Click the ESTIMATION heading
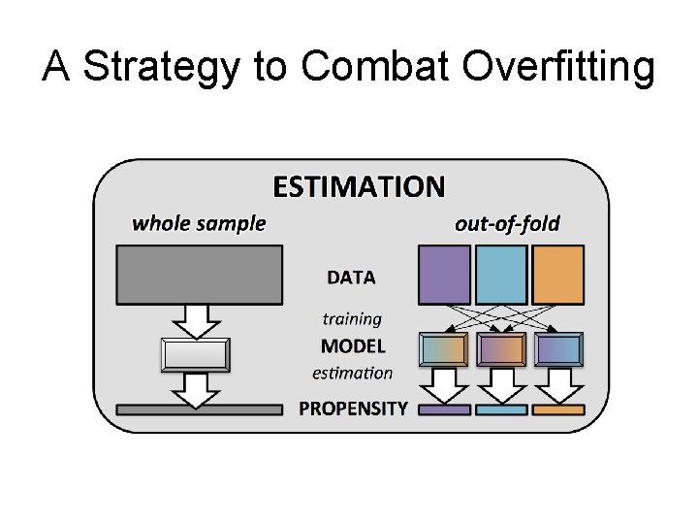(x=359, y=185)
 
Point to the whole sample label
(x=199, y=223)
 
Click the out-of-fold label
(x=507, y=223)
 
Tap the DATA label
(x=351, y=278)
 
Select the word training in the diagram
(x=352, y=318)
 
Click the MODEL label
(x=353, y=345)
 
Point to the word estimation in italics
(x=353, y=373)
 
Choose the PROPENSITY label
(x=353, y=409)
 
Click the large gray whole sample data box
(x=199, y=274)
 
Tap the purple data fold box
(x=444, y=274)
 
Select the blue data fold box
(x=501, y=274)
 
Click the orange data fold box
(x=558, y=274)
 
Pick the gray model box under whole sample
(x=197, y=354)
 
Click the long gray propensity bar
(x=199, y=409)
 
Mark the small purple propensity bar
(x=444, y=409)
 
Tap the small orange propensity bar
(x=558, y=409)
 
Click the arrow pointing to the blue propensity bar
(x=501, y=384)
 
